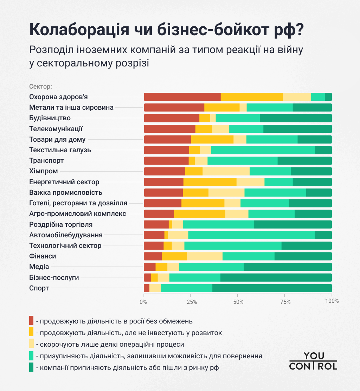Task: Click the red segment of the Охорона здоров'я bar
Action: point(182,97)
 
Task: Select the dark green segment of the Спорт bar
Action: point(272,288)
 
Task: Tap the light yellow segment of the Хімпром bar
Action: point(226,171)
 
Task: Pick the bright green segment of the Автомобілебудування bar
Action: point(251,235)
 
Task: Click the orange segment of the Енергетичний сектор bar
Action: point(210,182)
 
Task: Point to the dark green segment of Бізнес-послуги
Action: point(276,278)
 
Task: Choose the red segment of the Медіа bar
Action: point(149,267)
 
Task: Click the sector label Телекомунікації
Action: point(56,129)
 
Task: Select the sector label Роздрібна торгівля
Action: point(61,224)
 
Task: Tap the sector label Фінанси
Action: point(43,256)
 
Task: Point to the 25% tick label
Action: point(191,301)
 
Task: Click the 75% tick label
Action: point(285,301)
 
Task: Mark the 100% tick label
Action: point(332,301)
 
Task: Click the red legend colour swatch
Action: point(31,320)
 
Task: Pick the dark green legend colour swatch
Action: point(31,367)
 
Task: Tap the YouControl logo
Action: point(313,361)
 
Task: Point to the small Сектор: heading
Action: point(40,86)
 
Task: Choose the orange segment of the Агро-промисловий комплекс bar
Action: point(199,214)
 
